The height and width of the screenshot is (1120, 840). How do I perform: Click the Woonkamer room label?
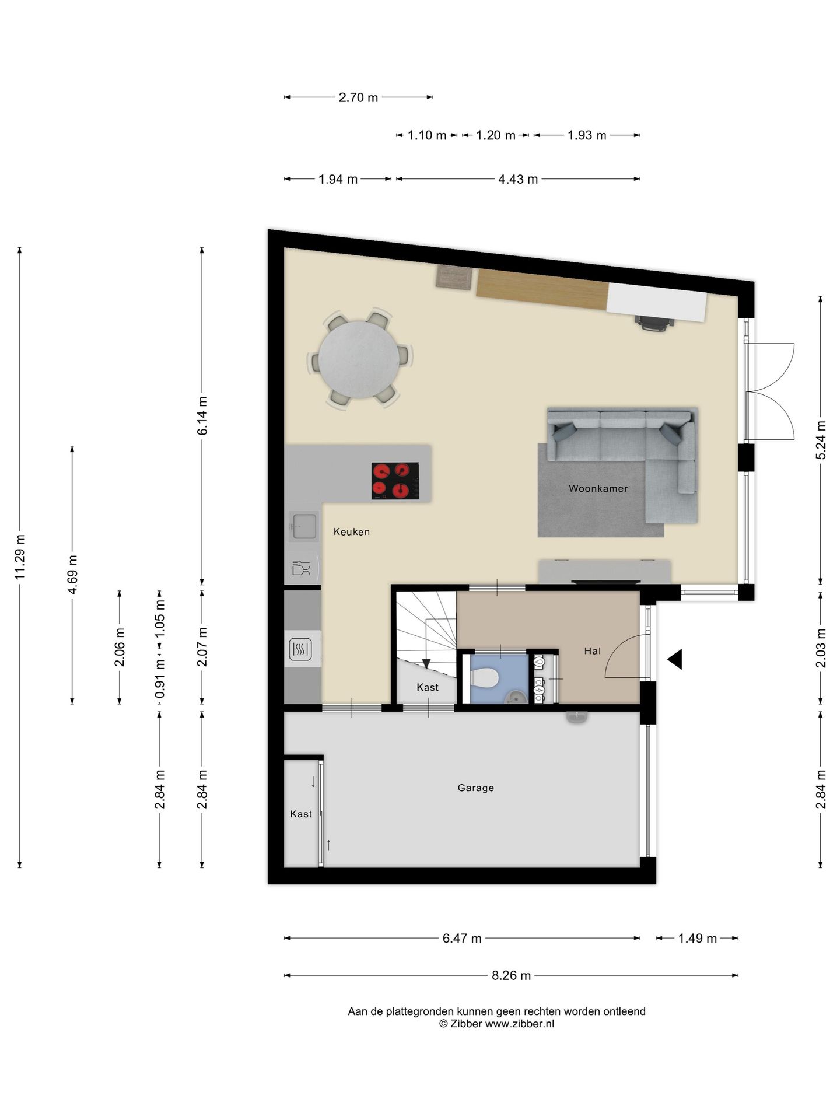coord(598,488)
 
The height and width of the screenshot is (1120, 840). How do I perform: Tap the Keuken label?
coord(352,531)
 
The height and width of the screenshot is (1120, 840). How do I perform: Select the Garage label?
coord(475,787)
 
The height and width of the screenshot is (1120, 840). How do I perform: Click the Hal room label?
coord(592,651)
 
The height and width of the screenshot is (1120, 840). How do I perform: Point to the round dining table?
coord(359,359)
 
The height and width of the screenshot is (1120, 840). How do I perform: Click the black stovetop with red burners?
coord(395,481)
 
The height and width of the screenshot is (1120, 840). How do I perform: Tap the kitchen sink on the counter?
coord(304,526)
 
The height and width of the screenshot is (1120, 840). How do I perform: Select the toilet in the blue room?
coord(484,678)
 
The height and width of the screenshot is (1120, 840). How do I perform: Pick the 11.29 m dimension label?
coord(20,557)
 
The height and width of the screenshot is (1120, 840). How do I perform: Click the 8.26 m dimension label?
coord(511,975)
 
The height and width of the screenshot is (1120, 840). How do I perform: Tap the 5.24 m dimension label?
coord(821,440)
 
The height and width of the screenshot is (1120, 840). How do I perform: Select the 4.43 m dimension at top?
coord(518,179)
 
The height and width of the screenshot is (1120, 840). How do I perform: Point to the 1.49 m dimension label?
coord(697,939)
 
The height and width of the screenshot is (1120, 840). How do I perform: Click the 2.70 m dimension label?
coord(358,97)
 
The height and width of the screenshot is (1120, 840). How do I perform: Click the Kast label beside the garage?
coord(301,814)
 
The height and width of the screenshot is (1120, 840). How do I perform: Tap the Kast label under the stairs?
coord(428,687)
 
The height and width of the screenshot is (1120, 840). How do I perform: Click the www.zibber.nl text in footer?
coord(520,1024)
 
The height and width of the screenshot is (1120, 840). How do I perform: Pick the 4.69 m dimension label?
coord(72,575)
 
